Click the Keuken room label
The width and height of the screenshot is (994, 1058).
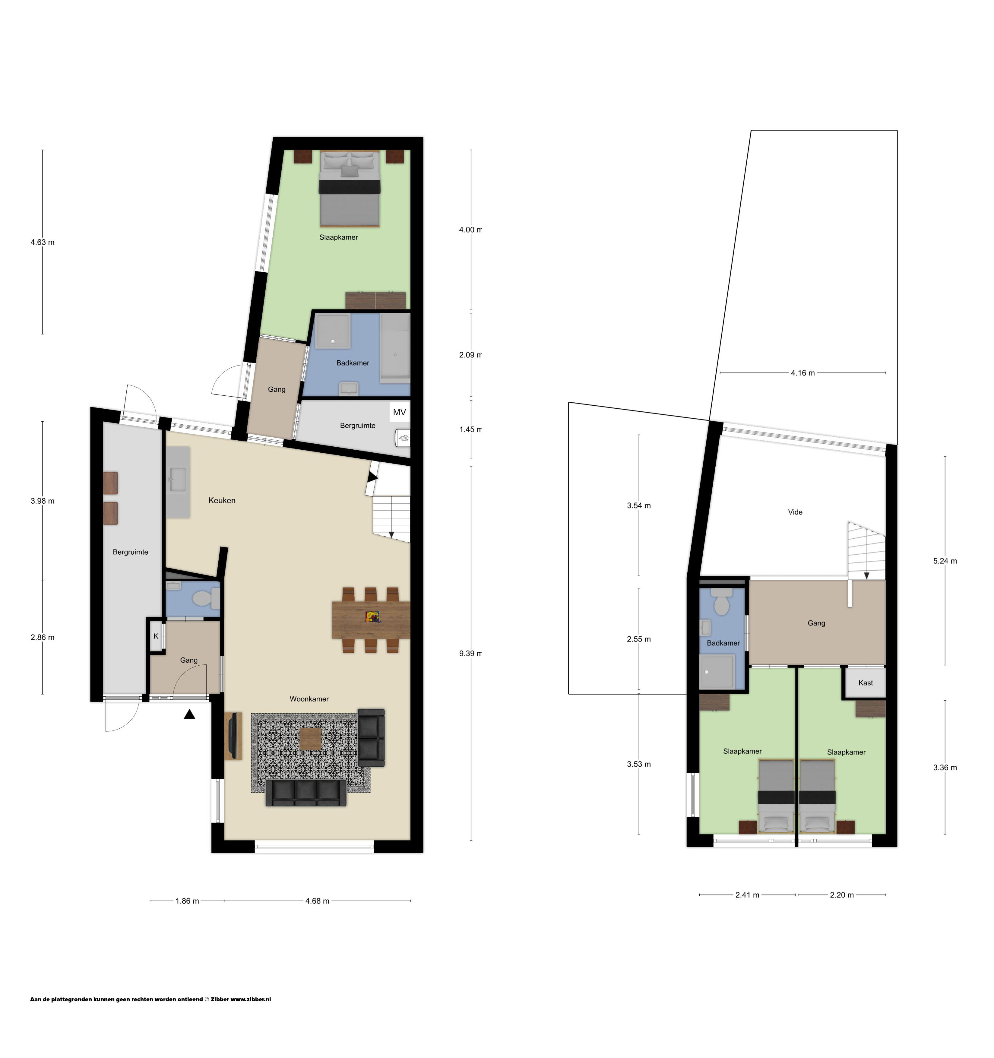pyautogui.click(x=222, y=500)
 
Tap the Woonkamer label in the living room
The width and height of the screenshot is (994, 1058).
pyautogui.click(x=309, y=699)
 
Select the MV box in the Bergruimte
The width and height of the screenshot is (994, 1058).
pyautogui.click(x=399, y=412)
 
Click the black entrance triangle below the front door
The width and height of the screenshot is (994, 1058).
pyautogui.click(x=189, y=714)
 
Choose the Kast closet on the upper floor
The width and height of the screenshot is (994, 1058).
pyautogui.click(x=865, y=683)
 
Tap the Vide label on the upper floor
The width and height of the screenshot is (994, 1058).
pyautogui.click(x=795, y=512)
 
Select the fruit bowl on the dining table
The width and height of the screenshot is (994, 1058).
pyautogui.click(x=372, y=617)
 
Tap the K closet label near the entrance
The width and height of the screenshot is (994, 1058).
pyautogui.click(x=156, y=636)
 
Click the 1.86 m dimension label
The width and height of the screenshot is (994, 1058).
pyautogui.click(x=187, y=901)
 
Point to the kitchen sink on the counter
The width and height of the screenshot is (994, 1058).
pyautogui.click(x=177, y=479)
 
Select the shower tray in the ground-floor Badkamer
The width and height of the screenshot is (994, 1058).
pyautogui.click(x=333, y=331)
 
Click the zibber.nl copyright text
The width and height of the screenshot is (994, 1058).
pyautogui.click(x=150, y=999)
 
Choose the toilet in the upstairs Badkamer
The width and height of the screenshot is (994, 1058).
pyautogui.click(x=722, y=602)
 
